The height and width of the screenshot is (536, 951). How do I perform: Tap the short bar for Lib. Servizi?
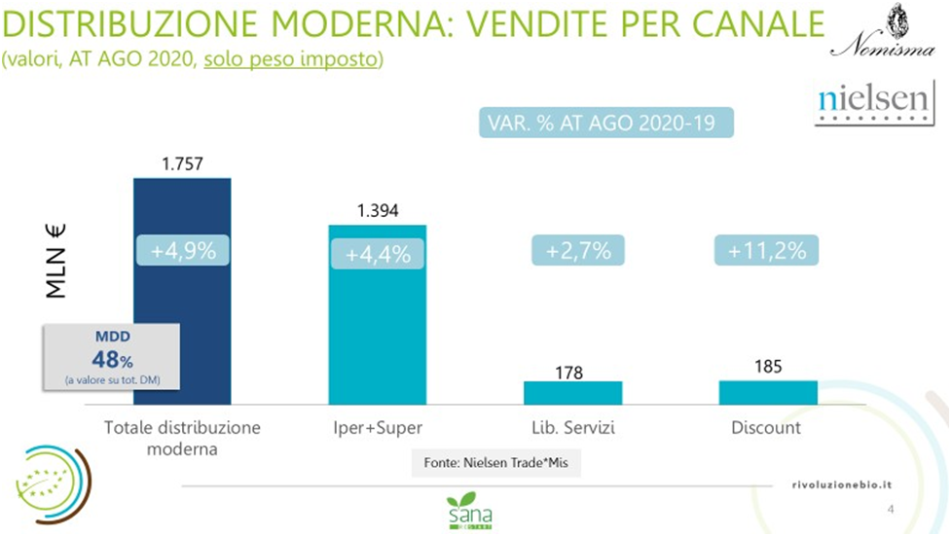[x=572, y=392]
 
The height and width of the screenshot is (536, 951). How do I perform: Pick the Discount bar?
[x=768, y=392]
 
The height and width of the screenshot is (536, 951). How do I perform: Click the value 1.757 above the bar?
[x=181, y=164]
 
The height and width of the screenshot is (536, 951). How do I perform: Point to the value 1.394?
[x=377, y=211]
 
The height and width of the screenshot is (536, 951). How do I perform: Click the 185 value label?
[x=768, y=367]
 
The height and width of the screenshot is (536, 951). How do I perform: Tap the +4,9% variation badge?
[x=182, y=250]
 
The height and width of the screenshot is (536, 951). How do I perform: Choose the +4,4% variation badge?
[x=378, y=255]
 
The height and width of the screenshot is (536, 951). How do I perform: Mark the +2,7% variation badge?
[x=578, y=250]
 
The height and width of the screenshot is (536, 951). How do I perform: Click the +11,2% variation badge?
[x=767, y=250]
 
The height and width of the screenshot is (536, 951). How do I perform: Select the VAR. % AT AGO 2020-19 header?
[x=604, y=124]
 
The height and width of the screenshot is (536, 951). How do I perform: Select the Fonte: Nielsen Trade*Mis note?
[x=495, y=463]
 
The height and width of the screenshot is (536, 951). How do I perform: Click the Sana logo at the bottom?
[x=470, y=511]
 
